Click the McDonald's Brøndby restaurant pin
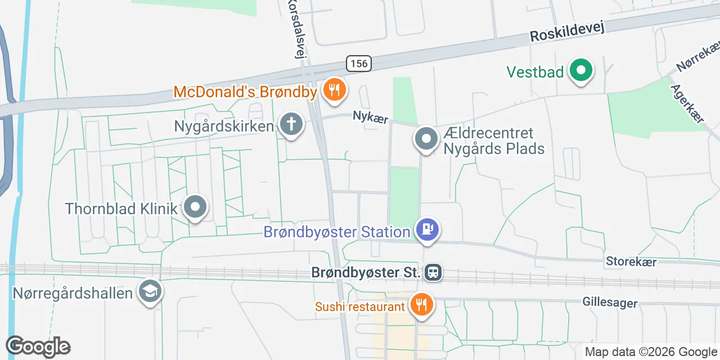pos(335,89)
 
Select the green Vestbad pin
pos(582,71)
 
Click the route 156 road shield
pos(358,64)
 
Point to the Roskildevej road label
pos(567,33)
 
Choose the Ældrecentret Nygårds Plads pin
pos(426,138)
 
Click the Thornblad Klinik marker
pos(195,207)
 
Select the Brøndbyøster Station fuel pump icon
pos(427,229)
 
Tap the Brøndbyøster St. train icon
pos(434,273)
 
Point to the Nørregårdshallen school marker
pos(151,291)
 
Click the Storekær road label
pos(631,262)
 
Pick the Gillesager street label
pos(610,303)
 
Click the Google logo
pos(38,346)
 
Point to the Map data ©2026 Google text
pos(651,352)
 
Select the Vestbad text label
pos(534,72)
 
